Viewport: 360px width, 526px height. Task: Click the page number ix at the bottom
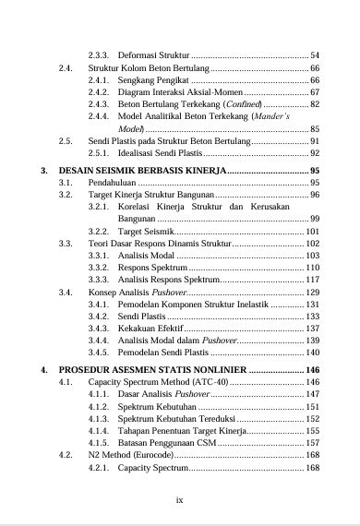pyautogui.click(x=180, y=500)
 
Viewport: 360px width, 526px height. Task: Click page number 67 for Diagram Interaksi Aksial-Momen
pyautogui.click(x=315, y=93)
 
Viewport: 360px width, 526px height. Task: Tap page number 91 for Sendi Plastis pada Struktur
pyautogui.click(x=315, y=140)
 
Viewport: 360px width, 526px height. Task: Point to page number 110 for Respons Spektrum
pyautogui.click(x=312, y=267)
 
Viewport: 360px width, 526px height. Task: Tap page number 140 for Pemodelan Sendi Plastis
pyautogui.click(x=312, y=353)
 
